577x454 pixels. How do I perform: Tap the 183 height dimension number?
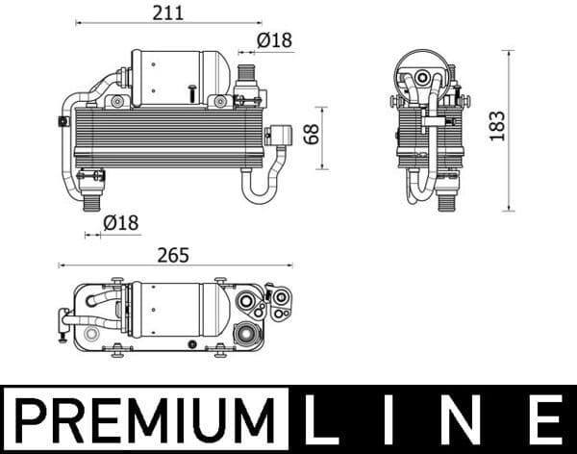(496, 126)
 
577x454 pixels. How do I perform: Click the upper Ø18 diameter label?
(274, 40)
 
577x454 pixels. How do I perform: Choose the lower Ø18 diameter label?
(121, 222)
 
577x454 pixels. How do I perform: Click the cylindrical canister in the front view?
(178, 77)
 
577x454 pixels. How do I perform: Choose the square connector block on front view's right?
(284, 136)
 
